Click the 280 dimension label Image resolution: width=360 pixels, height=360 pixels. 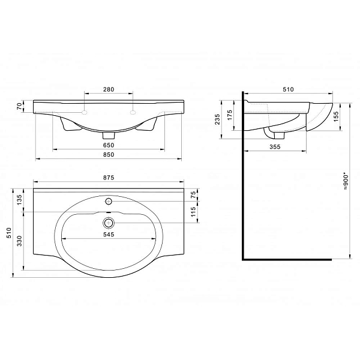pos(109,89)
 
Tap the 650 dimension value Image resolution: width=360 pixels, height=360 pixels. pos(109,145)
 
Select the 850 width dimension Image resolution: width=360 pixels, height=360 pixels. pos(109,155)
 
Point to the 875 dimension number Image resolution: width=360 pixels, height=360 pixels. pos(109,178)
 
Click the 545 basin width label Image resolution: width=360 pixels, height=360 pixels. pos(109,235)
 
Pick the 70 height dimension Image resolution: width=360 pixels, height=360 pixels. pos(20,106)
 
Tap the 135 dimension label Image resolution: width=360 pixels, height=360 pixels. pos(20,200)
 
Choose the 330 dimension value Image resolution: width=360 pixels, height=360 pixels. pos(20,241)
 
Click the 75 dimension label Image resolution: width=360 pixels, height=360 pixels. pos(194,194)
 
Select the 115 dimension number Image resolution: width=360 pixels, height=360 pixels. pos(194,212)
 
